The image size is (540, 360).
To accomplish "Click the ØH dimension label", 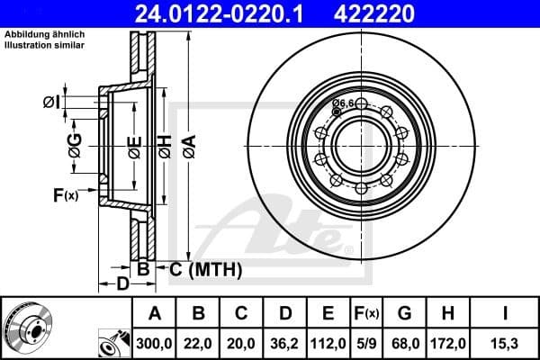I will pyautogui.click(x=164, y=144).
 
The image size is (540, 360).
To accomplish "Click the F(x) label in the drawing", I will pyautogui.click(x=65, y=194).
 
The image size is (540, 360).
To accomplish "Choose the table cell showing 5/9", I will pyautogui.click(x=367, y=343).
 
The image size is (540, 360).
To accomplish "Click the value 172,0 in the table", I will pyautogui.click(x=449, y=343).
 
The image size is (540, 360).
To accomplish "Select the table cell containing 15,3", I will pyautogui.click(x=506, y=343).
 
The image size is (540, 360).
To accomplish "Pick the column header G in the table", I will pyautogui.click(x=406, y=314).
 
